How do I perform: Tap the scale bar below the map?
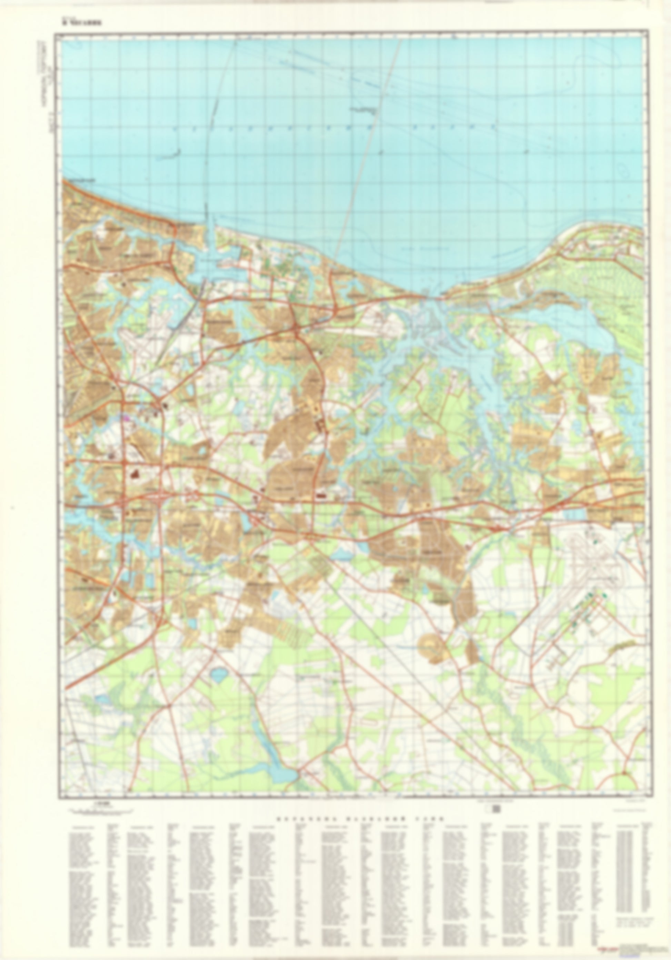pyautogui.click(x=99, y=810)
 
